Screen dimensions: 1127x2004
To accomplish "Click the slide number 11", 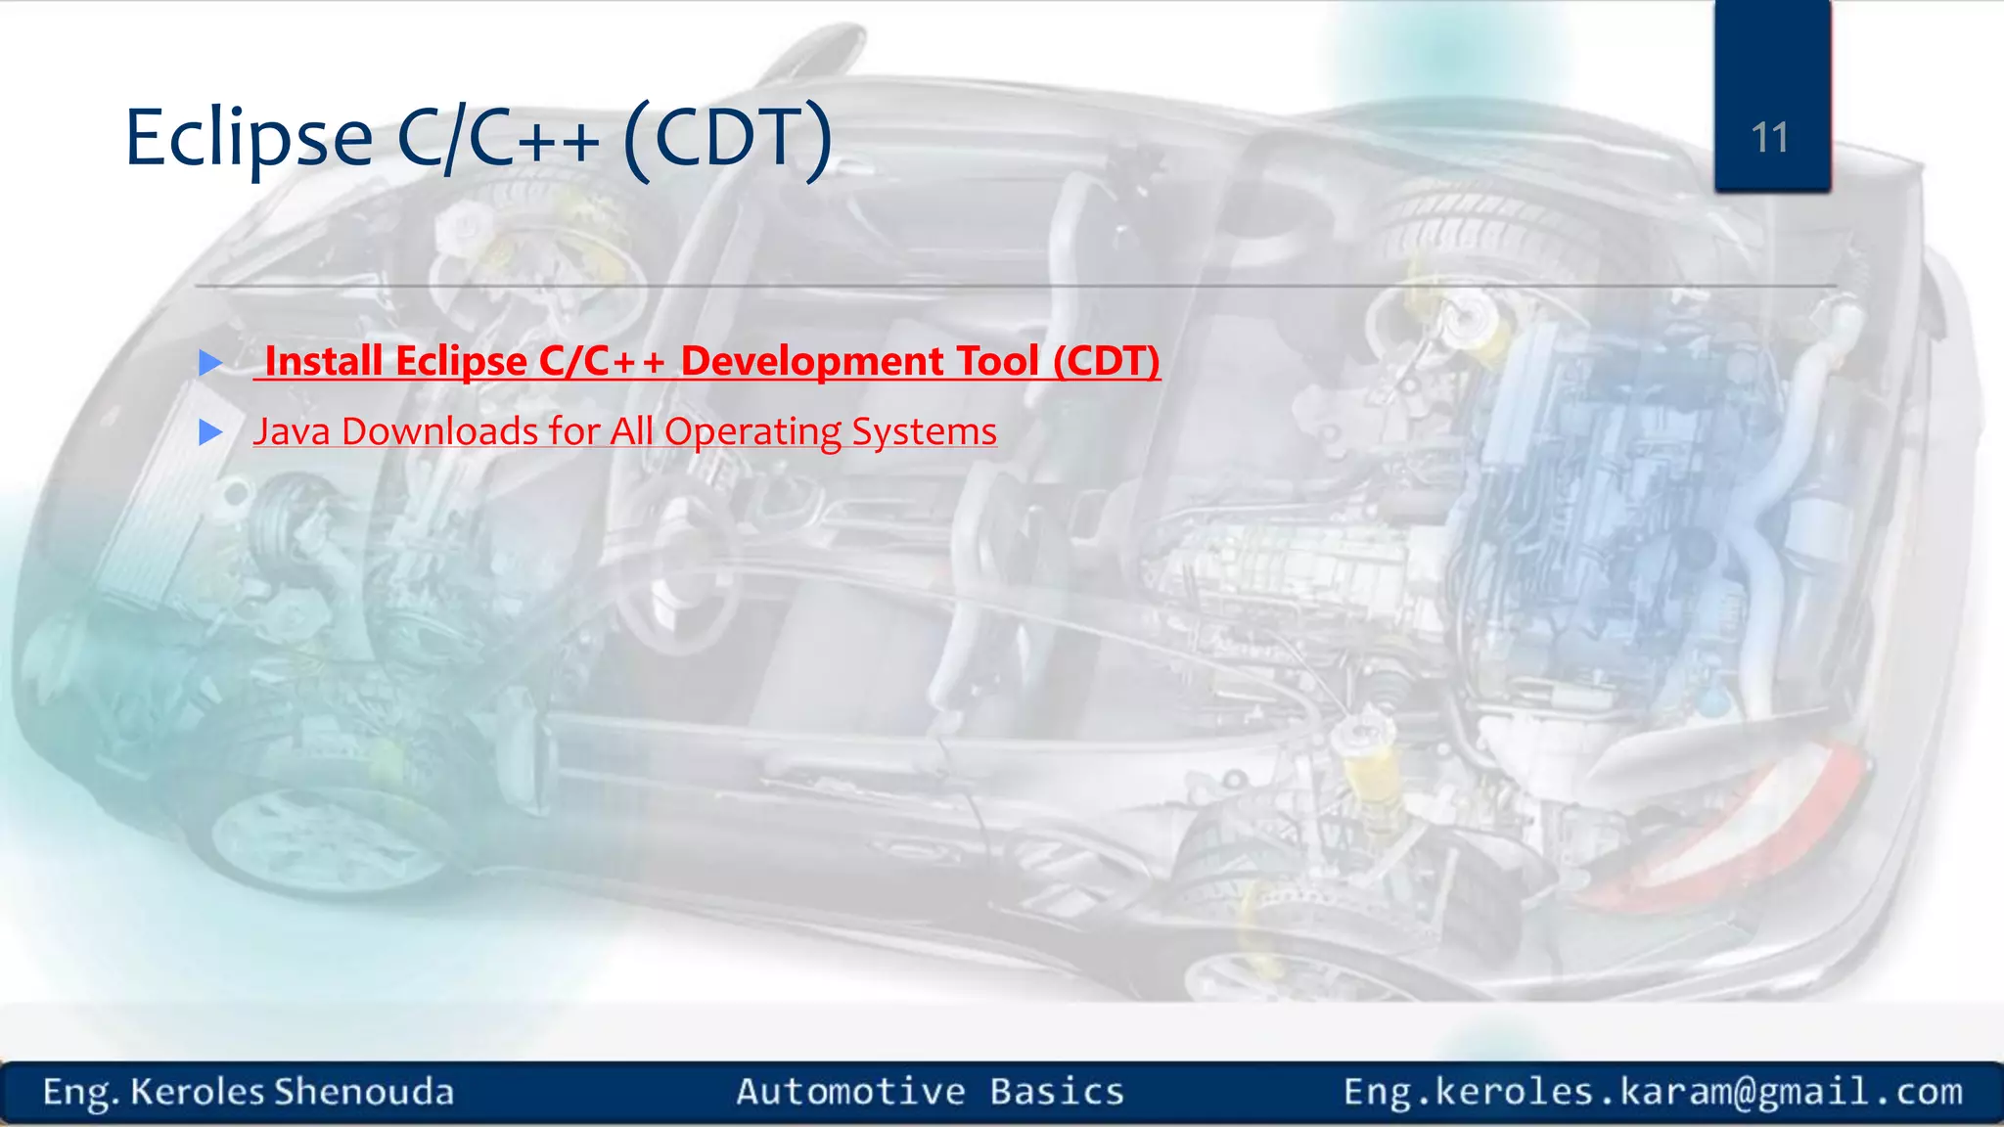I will click(1770, 138).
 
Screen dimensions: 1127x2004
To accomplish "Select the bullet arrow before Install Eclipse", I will click(210, 363).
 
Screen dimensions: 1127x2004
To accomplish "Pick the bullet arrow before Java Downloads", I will click(210, 432).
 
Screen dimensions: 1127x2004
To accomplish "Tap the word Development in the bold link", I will click(811, 361).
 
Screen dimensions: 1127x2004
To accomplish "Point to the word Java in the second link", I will click(292, 431).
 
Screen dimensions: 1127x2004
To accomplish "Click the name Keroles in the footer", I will click(197, 1092).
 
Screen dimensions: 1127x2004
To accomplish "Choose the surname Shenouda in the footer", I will click(364, 1092).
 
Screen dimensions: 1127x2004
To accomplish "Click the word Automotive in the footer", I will click(851, 1092).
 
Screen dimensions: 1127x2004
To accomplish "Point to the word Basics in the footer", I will click(1057, 1092).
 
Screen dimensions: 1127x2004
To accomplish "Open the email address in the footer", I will click(1653, 1092).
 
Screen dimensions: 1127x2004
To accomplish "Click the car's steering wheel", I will click(675, 567).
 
